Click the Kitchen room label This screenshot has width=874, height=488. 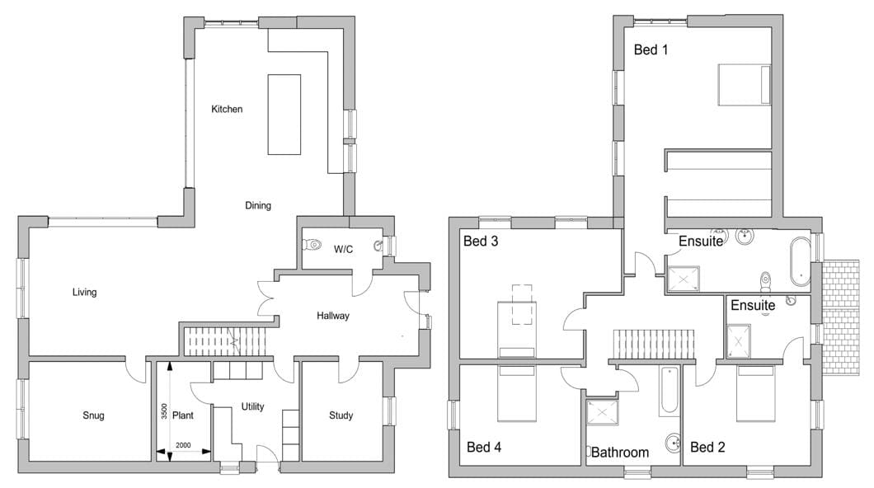point(227,109)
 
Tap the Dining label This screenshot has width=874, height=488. point(258,205)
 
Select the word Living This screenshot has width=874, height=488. point(84,292)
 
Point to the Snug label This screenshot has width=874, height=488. point(93,415)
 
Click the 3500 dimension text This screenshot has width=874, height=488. point(164,411)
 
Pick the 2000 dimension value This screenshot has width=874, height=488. point(183,445)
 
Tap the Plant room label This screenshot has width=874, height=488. point(183,415)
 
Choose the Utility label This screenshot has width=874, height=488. point(252,406)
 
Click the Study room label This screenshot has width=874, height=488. point(341,415)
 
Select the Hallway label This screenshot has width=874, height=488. point(333,316)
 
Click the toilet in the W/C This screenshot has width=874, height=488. point(312,244)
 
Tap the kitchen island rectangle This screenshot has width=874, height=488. point(284,115)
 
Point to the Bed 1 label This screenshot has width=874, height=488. point(651,49)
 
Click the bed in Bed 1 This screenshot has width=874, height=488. point(744,84)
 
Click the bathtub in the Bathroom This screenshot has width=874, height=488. point(669,391)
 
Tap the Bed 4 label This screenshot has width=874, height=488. point(484,447)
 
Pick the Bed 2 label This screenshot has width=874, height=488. point(707,447)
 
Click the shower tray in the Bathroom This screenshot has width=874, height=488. point(602,413)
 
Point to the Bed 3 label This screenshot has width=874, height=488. point(481,242)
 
